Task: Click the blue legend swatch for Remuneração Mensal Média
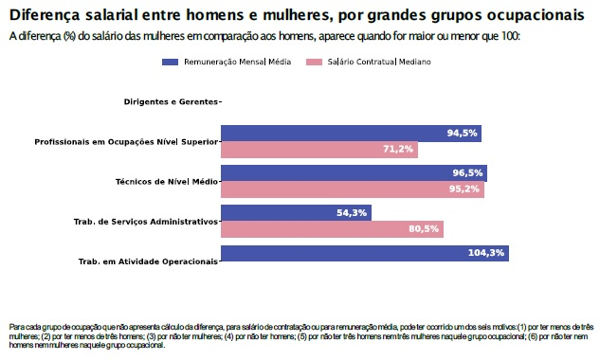pos(171,62)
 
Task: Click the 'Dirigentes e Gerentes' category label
pos(171,101)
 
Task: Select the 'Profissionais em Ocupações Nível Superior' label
pos(127,141)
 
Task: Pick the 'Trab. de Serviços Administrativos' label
pos(146,221)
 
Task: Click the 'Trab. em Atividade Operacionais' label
pos(148,261)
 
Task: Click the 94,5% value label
pos(462,134)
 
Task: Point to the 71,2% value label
pos(398,150)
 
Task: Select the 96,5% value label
pos(467,173)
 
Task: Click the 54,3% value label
pos(352,213)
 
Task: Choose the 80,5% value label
pos(424,229)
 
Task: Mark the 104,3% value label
pos(487,253)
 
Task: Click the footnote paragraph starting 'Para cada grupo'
pos(300,335)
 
